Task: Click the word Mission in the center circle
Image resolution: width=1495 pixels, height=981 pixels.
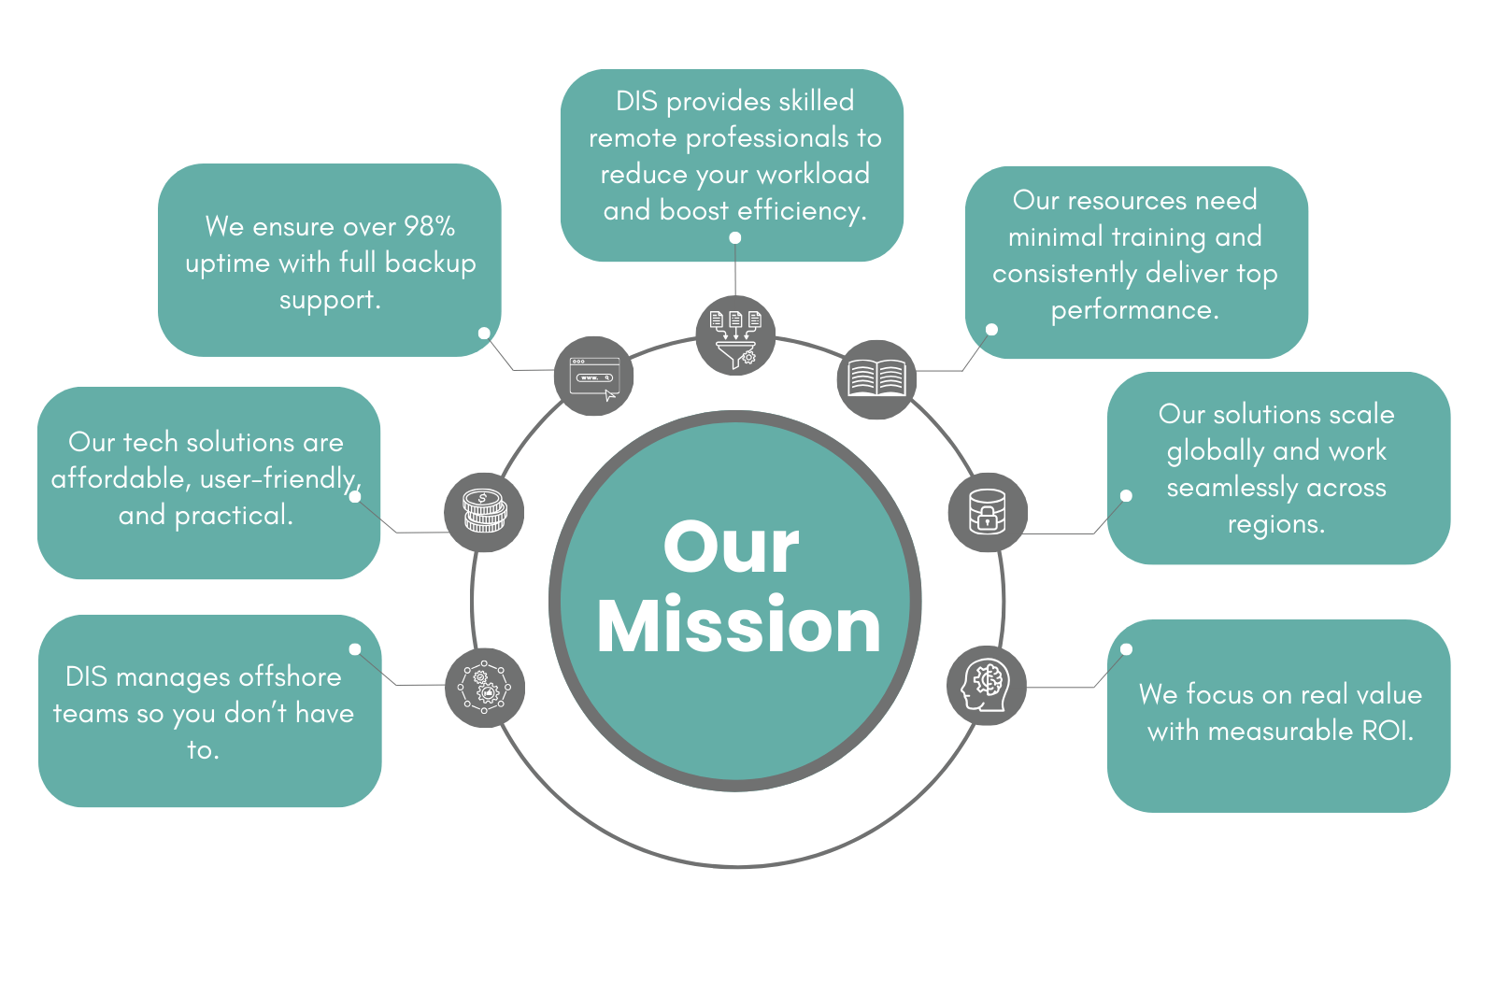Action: (738, 626)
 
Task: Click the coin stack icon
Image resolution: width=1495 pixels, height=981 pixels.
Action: (484, 512)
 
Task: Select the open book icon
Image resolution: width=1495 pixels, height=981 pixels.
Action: (876, 379)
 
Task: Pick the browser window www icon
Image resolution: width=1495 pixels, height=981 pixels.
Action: (594, 377)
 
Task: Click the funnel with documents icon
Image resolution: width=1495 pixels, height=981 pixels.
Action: (735, 336)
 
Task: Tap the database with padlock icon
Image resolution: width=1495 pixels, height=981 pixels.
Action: (988, 512)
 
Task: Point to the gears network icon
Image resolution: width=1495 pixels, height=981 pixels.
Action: (484, 688)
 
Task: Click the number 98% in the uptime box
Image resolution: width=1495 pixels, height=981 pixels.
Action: (429, 226)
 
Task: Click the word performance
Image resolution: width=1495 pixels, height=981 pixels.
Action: (1134, 309)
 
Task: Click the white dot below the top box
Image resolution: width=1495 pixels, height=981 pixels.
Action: (735, 238)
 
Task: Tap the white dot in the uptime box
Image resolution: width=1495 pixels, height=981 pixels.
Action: (484, 333)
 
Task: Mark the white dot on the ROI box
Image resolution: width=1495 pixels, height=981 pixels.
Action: (1126, 649)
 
